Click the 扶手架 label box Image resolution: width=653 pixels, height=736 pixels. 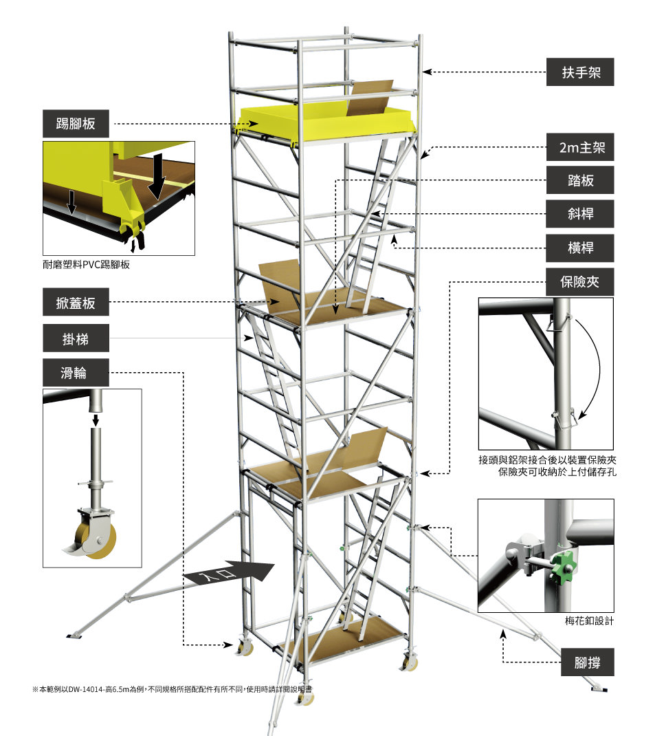580,72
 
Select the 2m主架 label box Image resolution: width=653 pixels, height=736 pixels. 580,147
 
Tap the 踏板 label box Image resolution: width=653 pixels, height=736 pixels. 580,180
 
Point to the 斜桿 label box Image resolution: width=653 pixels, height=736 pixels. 580,214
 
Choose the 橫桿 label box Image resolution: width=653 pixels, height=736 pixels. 580,248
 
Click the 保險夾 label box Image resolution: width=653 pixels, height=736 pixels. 580,282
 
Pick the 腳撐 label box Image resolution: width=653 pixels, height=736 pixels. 587,662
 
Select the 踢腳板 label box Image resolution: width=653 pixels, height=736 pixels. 76,123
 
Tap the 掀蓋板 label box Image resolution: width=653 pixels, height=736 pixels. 76,302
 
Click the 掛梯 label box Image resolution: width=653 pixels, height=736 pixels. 76,338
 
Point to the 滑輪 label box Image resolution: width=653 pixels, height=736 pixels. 76,373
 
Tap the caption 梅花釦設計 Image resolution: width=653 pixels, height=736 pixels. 589,621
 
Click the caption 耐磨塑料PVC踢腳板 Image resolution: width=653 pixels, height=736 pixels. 87,265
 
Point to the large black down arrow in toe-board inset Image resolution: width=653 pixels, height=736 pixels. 157,175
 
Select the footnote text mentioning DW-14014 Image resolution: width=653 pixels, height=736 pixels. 172,689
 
